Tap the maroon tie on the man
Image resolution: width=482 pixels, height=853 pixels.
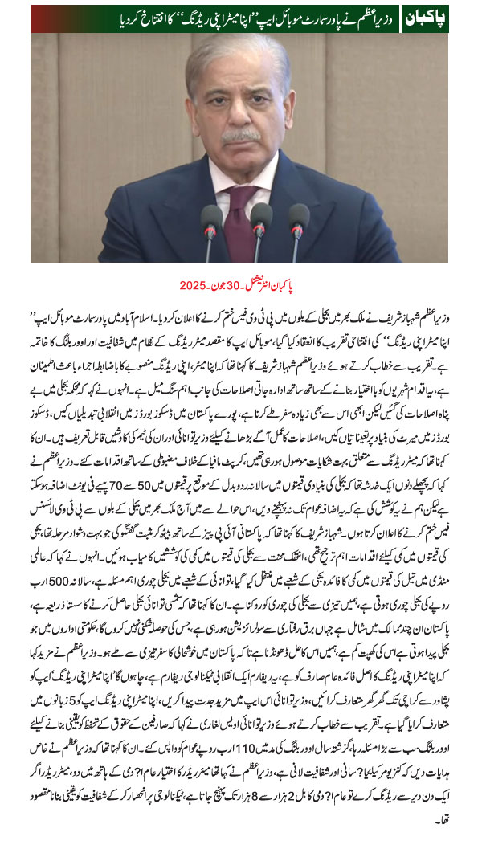240,218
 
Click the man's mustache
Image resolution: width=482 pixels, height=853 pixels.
241,137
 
